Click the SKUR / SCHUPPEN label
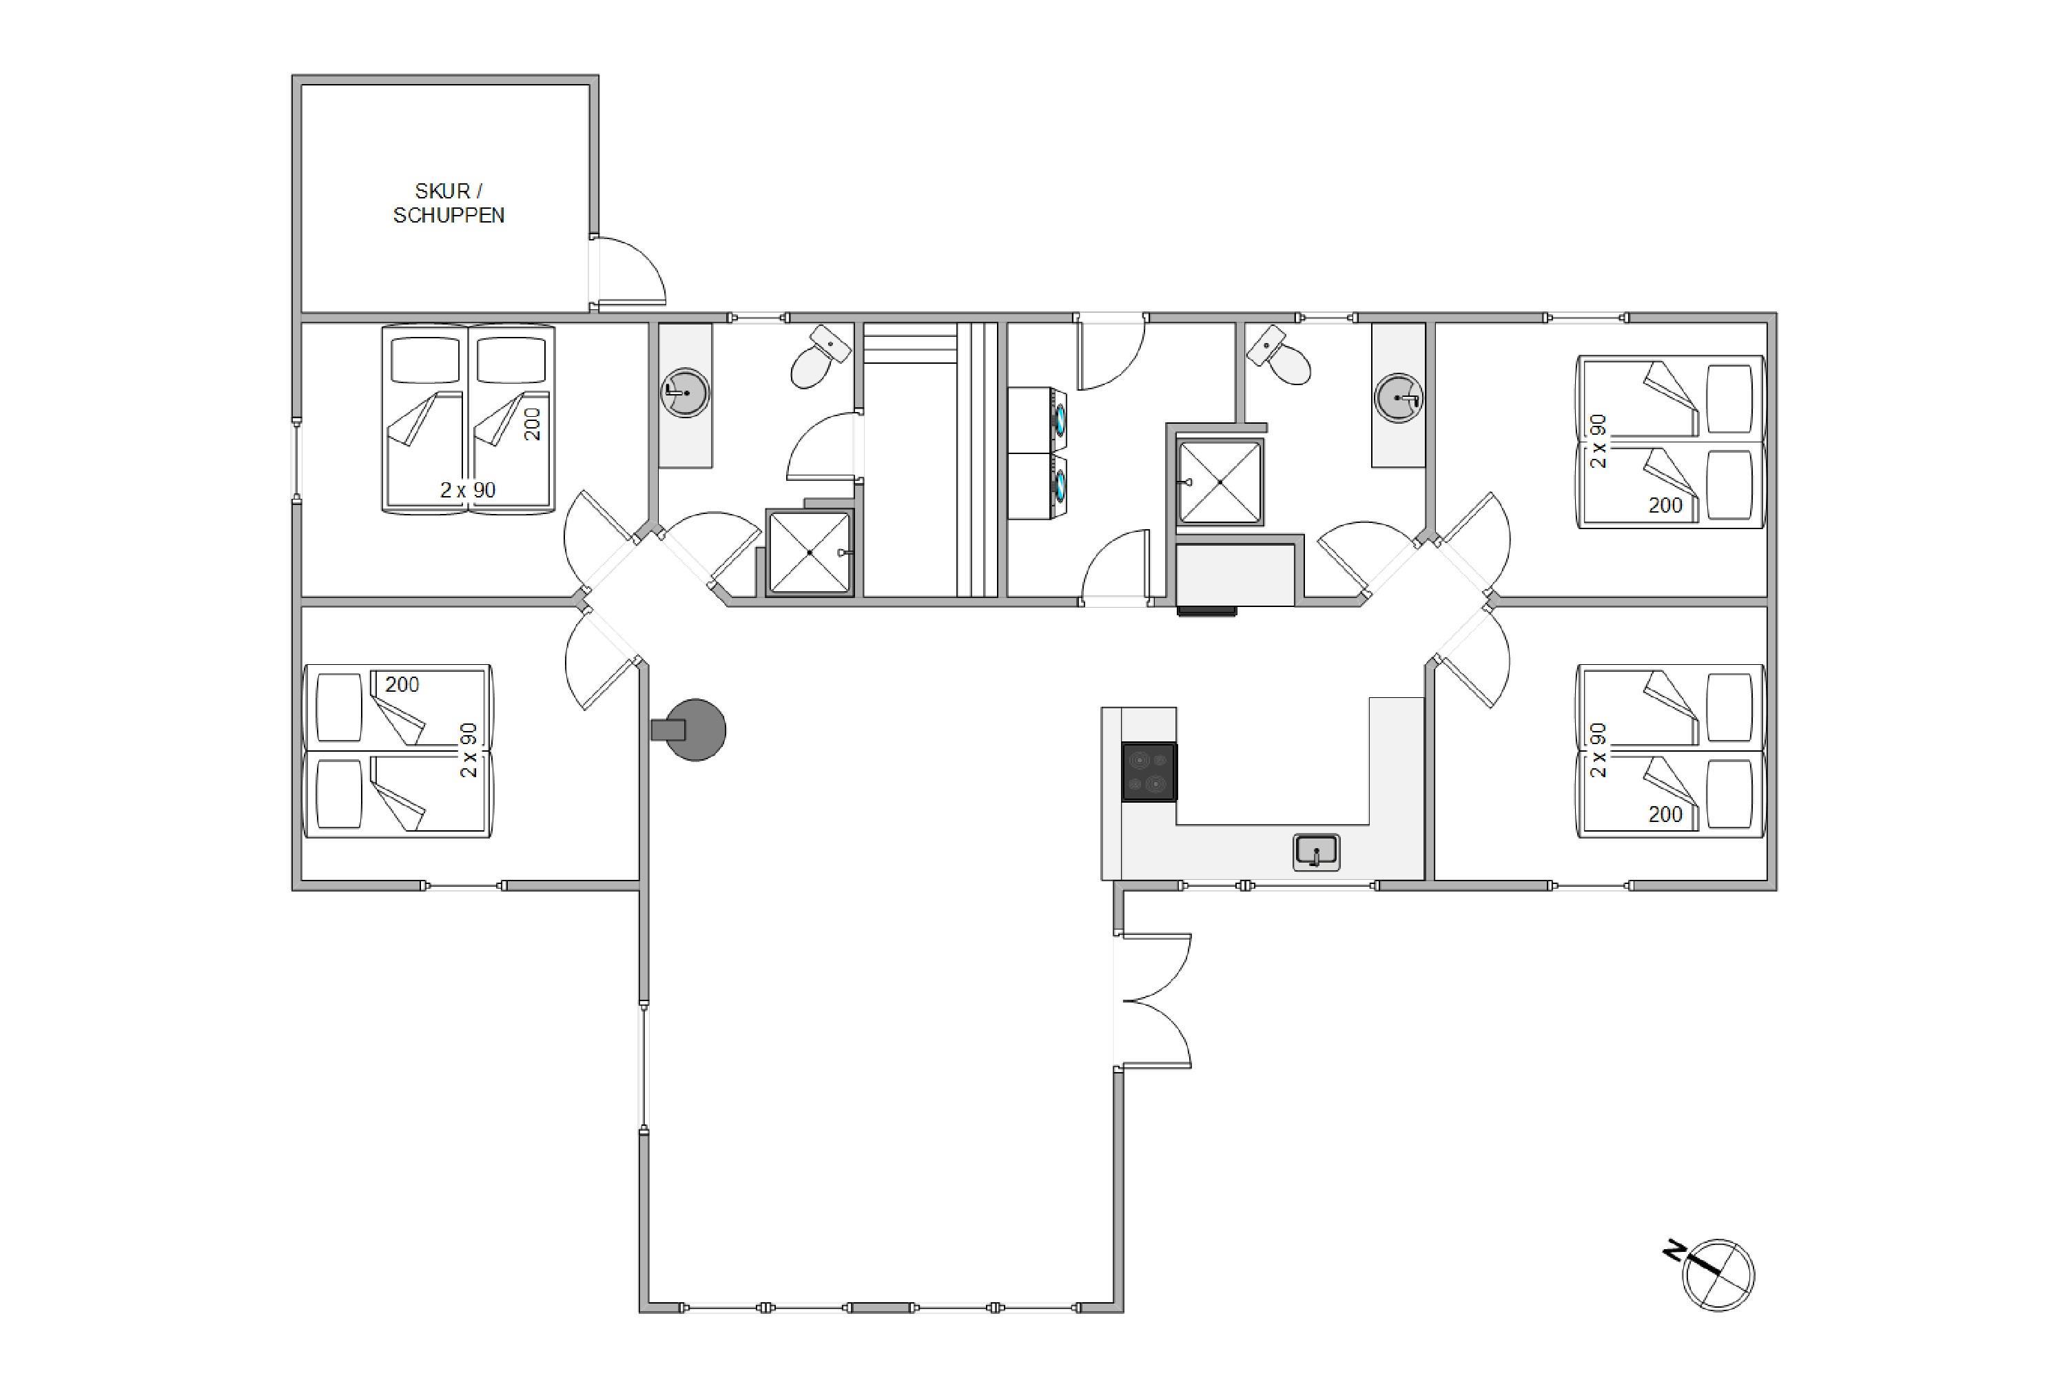tap(449, 203)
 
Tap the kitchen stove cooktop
tap(1149, 772)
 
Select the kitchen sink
tap(1317, 852)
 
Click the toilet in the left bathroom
tap(820, 358)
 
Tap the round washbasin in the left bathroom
tap(685, 392)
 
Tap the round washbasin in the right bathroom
tap(1398, 398)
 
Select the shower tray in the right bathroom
tap(1220, 482)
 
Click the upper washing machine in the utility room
tap(1037, 420)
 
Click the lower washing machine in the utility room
tap(1037, 486)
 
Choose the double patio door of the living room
tap(1153, 1000)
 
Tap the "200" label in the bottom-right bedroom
tap(1665, 814)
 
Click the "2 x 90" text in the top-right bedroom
tap(1598, 441)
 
